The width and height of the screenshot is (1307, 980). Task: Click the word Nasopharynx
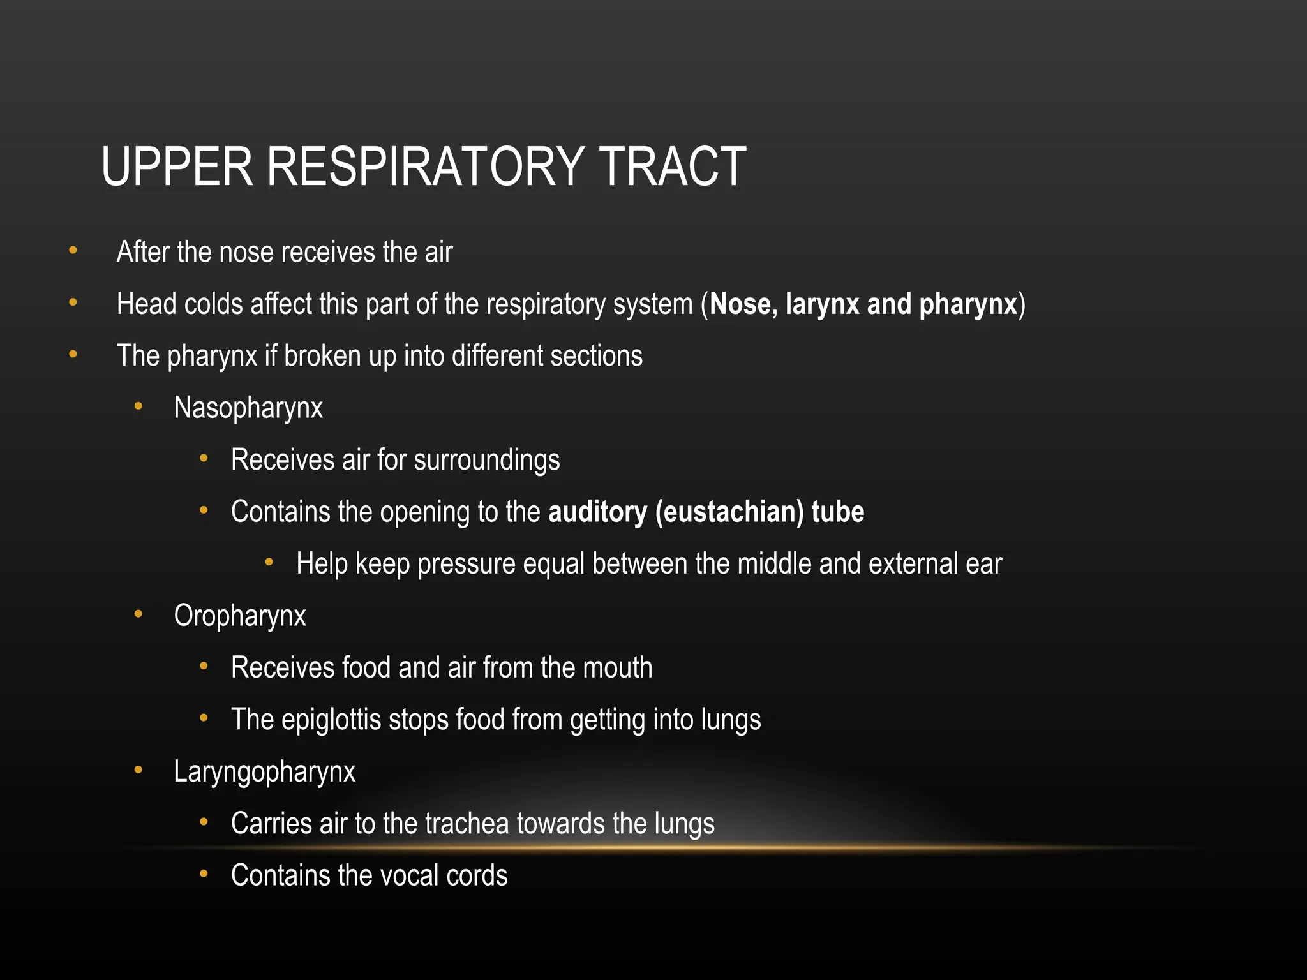[x=248, y=408]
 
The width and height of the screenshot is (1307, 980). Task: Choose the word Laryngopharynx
[x=264, y=772]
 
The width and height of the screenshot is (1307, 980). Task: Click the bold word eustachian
[x=729, y=512]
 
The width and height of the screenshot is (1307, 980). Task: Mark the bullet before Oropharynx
[x=138, y=614]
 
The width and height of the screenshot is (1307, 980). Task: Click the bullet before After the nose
[x=73, y=251]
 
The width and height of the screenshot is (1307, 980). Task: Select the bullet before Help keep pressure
[x=269, y=562]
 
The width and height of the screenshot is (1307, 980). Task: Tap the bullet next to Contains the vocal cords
[x=204, y=874]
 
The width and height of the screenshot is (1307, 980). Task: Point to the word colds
[x=213, y=304]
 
